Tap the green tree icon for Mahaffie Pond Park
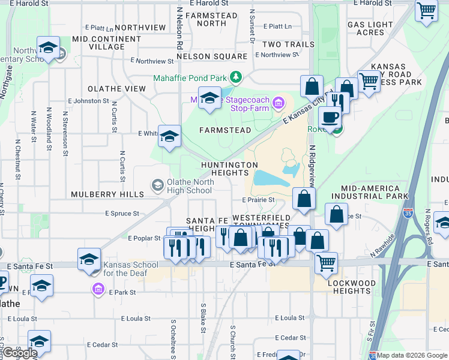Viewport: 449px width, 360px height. point(237,77)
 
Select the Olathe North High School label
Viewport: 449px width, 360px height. point(190,186)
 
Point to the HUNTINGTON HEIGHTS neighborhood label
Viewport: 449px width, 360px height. point(229,169)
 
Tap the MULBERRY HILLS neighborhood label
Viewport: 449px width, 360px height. point(107,194)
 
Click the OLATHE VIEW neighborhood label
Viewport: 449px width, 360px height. point(116,89)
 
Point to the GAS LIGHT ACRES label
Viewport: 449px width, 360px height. point(370,29)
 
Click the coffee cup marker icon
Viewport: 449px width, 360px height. point(329,116)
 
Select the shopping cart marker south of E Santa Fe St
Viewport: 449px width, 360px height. point(326,262)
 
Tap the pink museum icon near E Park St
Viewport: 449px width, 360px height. point(97,290)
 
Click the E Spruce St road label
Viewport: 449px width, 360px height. point(122,213)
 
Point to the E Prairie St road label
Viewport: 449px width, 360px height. point(258,200)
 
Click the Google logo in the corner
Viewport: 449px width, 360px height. point(20,353)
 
